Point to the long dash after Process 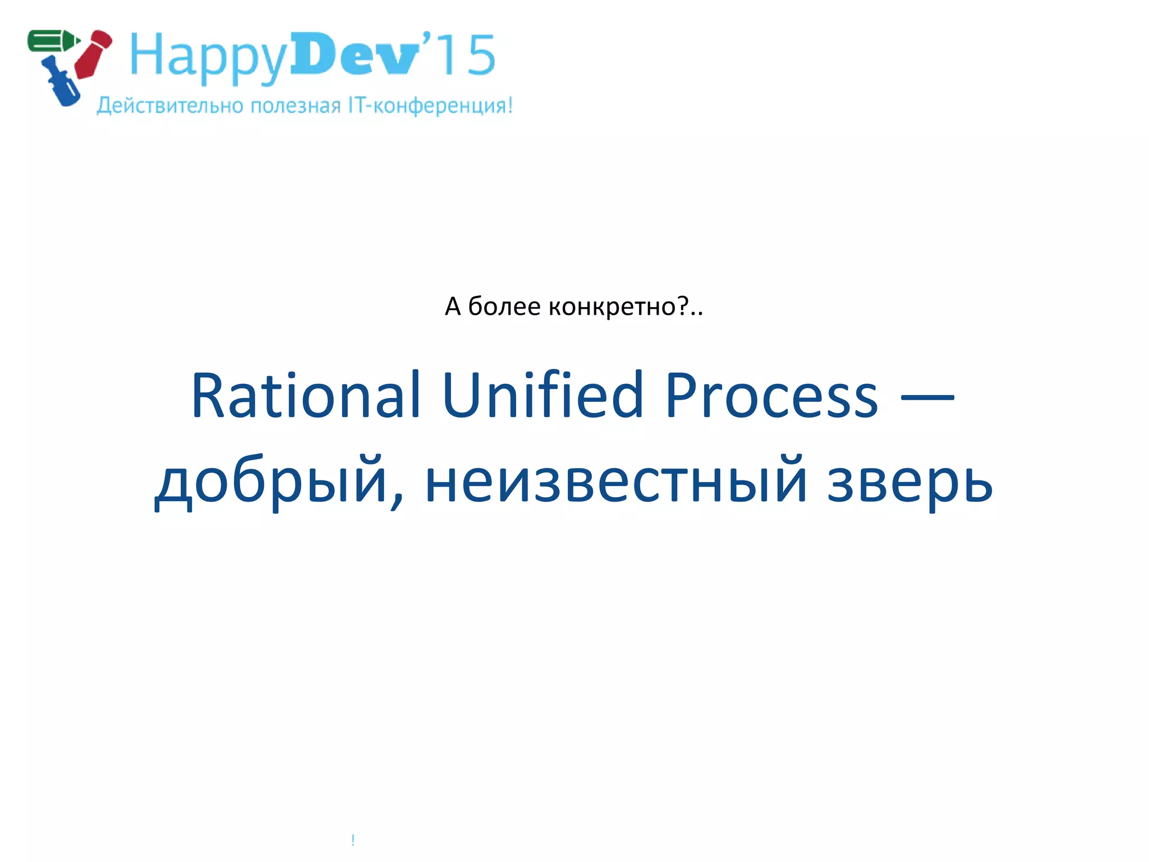[x=927, y=397]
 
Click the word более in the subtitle [x=504, y=306]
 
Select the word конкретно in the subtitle [x=612, y=306]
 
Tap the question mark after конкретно [x=683, y=306]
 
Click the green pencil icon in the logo [x=53, y=40]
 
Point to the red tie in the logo [x=93, y=54]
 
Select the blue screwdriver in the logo [x=62, y=83]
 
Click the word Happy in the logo [x=208, y=56]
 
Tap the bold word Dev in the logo [x=355, y=54]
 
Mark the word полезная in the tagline [x=295, y=106]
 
